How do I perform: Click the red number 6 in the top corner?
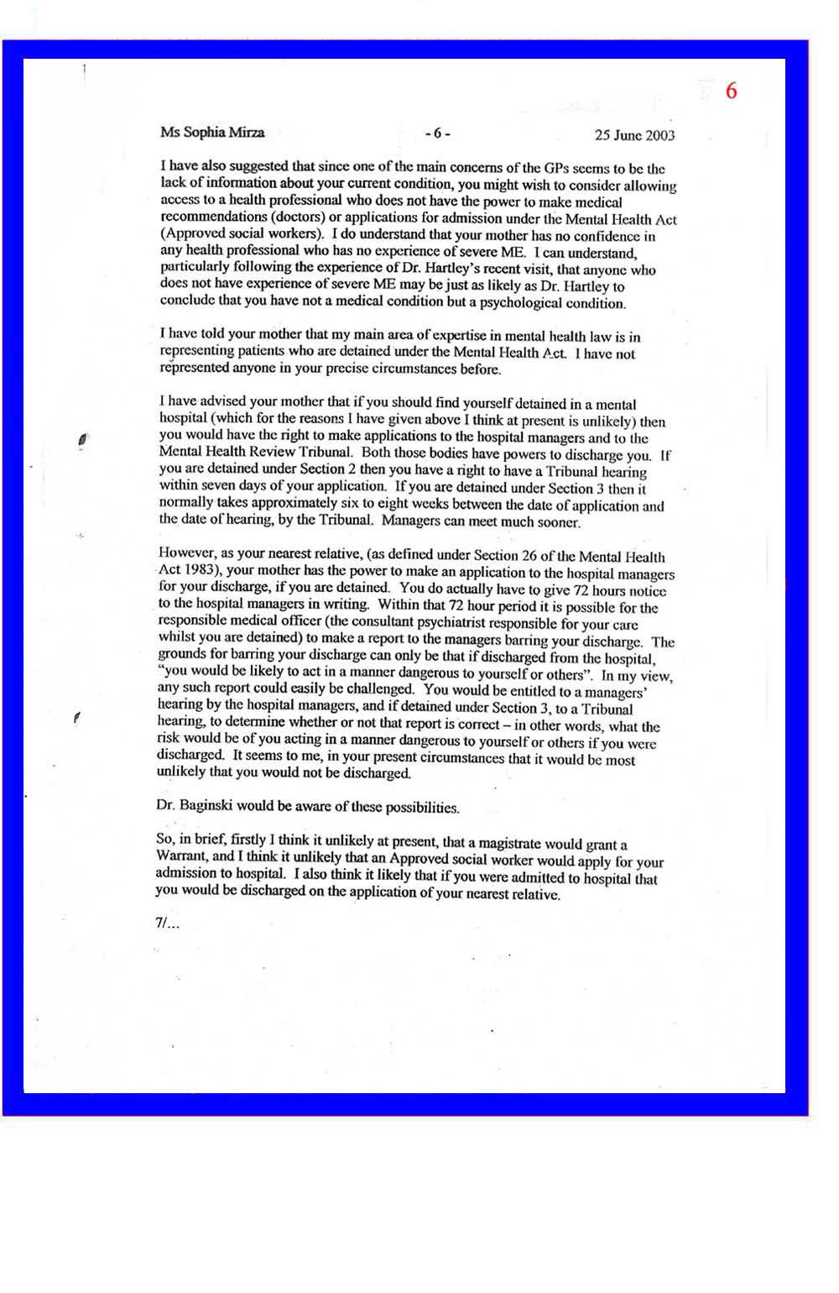pyautogui.click(x=731, y=91)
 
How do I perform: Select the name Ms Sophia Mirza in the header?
pyautogui.click(x=212, y=133)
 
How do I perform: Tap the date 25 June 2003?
pyautogui.click(x=634, y=135)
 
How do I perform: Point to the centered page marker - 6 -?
pyautogui.click(x=437, y=133)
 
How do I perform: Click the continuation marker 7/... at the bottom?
pyautogui.click(x=167, y=923)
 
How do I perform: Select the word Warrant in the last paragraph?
pyautogui.click(x=182, y=856)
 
